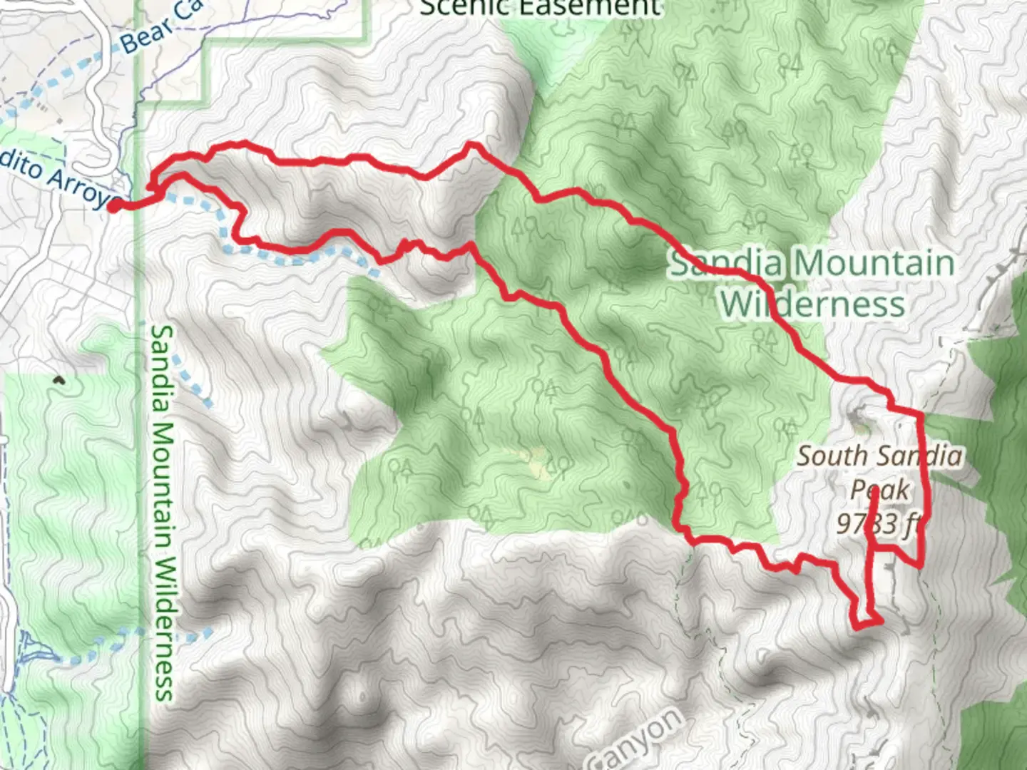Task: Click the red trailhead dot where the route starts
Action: [113, 206]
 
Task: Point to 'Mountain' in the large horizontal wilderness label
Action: [874, 264]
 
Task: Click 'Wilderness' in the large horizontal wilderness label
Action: [812, 304]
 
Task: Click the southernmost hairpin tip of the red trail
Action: [858, 626]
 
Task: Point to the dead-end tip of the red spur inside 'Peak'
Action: [874, 494]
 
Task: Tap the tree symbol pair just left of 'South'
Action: [785, 428]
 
